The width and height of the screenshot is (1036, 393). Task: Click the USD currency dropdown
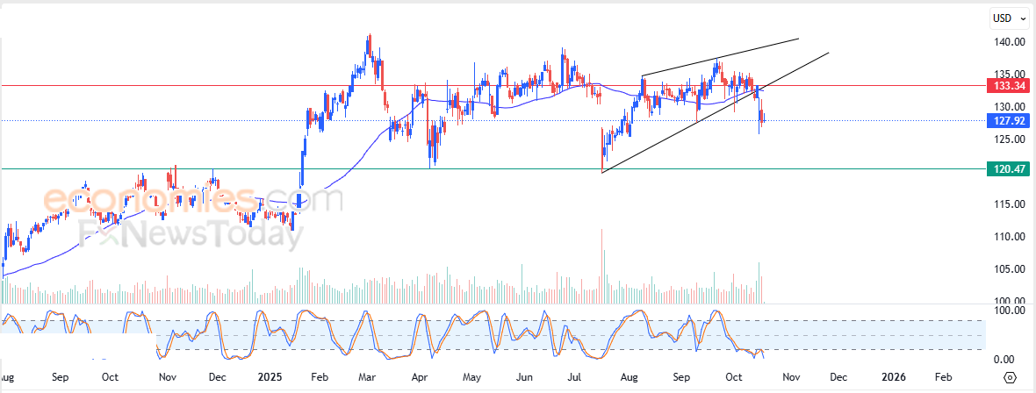tap(1009, 18)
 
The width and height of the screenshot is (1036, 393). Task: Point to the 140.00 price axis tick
tap(1010, 42)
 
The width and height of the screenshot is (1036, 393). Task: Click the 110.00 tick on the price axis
tap(1010, 237)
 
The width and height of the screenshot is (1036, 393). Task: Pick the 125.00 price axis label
tap(1010, 139)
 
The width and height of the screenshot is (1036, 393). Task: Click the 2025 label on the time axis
tap(270, 377)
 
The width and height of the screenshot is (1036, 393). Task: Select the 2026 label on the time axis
tap(893, 377)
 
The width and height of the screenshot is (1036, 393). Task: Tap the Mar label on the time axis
tap(368, 377)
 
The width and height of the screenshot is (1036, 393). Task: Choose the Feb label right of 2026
tap(943, 377)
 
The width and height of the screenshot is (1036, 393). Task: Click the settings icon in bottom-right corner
tap(1010, 377)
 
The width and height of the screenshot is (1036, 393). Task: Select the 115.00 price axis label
tap(1010, 204)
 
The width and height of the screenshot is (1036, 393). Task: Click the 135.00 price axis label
tap(1010, 75)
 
